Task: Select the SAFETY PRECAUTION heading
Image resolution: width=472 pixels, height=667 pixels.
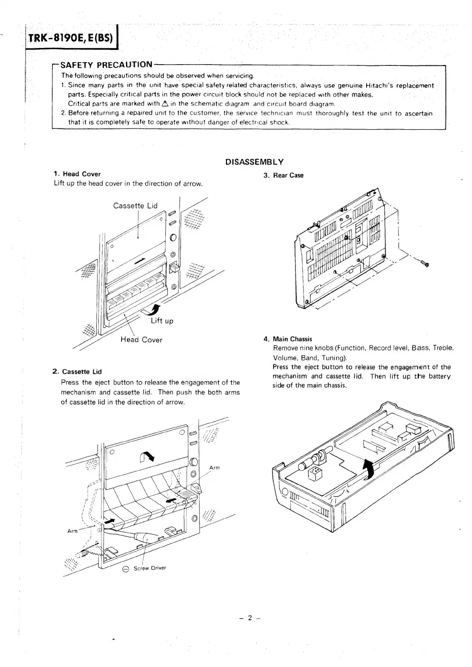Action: [107, 65]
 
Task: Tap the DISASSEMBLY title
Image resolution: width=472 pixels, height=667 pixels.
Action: [254, 162]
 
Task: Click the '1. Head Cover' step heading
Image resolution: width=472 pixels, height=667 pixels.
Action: [77, 174]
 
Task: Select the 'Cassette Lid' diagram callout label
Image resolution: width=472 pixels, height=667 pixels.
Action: [135, 205]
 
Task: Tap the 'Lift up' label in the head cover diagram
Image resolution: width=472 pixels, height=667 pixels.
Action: [162, 321]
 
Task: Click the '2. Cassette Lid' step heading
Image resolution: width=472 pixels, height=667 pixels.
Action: [77, 372]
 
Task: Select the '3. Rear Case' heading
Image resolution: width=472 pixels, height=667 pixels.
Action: [283, 176]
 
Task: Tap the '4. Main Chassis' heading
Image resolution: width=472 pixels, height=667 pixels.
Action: [288, 339]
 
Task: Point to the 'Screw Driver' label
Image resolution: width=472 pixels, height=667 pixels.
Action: [149, 568]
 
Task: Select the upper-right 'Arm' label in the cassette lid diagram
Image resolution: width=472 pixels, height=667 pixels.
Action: [214, 468]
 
